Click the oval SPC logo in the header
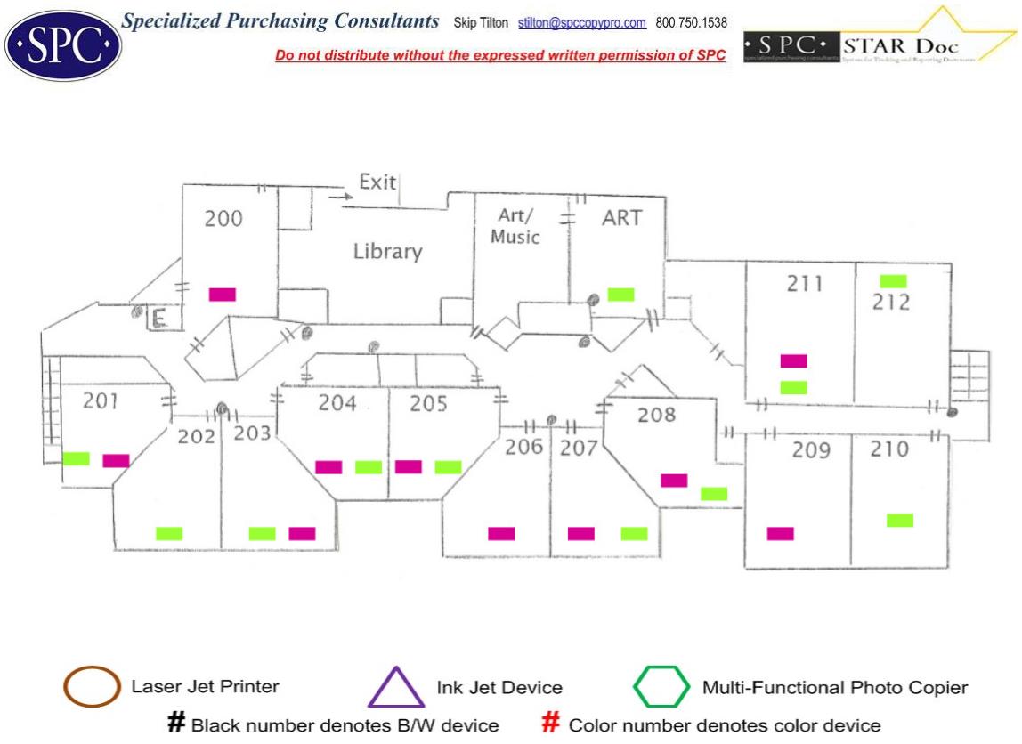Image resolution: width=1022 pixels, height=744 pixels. coord(63,44)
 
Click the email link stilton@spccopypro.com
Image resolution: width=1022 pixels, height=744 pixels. coord(581,23)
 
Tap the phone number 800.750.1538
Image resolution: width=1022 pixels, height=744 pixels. coord(691,23)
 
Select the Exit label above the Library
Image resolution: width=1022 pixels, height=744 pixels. coord(377,182)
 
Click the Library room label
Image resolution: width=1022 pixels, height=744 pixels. coord(387,252)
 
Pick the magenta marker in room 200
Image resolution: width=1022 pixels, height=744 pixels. coord(223,295)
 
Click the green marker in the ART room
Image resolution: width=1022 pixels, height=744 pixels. coord(620,295)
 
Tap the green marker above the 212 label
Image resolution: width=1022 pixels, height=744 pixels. coord(893,281)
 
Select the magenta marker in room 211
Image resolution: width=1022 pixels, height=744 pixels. coord(793,361)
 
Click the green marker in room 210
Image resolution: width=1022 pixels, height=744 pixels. coord(900,521)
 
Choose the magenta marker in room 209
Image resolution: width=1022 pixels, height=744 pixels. coord(781,534)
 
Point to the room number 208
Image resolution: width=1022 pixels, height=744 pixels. coord(657,415)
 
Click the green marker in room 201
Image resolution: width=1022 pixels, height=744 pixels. coord(77,459)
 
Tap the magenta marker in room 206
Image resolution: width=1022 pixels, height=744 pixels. coord(501,534)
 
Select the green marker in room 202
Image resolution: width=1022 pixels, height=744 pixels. coord(169,534)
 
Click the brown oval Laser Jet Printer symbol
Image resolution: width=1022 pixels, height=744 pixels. coord(92,687)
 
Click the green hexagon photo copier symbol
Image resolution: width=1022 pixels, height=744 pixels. coord(661,687)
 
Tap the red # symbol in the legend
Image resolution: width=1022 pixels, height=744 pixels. coord(551,724)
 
